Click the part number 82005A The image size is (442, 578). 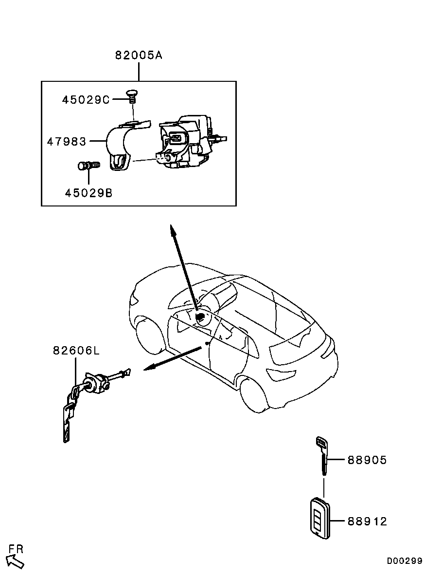coord(139,56)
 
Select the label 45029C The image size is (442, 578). coord(86,99)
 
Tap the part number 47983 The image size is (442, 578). coord(67,141)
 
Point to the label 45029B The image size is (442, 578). coord(88,193)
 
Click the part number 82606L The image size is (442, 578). coord(76,350)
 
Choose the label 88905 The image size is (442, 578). coord(367,460)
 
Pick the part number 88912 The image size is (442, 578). coord(367,521)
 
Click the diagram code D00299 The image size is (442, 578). coord(405,560)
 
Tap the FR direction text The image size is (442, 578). coord(16,549)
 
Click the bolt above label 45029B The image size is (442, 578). coord(88,166)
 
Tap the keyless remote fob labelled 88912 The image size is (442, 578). coord(320,518)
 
